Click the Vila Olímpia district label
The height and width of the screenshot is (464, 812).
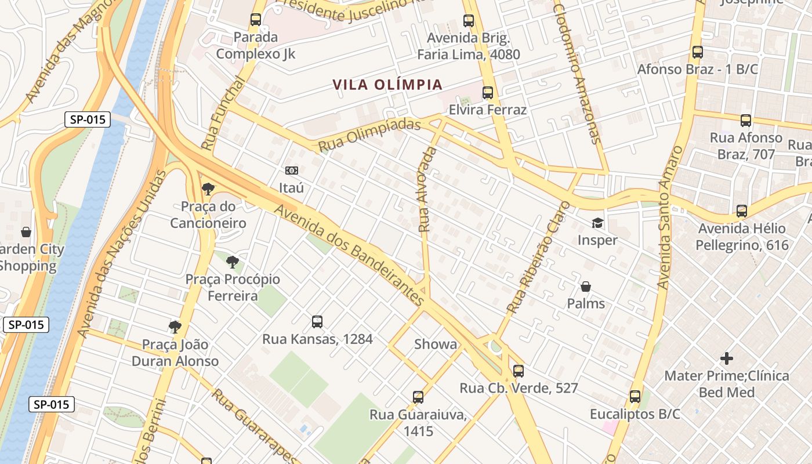pyautogui.click(x=387, y=85)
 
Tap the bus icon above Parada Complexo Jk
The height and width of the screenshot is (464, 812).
pyautogui.click(x=256, y=20)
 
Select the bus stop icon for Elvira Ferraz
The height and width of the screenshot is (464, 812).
pyautogui.click(x=488, y=93)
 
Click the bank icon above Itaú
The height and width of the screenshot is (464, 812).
pyautogui.click(x=291, y=171)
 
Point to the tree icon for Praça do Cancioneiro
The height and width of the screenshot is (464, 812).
pyautogui.click(x=208, y=188)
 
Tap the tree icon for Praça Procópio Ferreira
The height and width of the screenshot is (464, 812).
pyautogui.click(x=233, y=262)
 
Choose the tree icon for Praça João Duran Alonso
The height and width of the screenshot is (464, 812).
pyautogui.click(x=175, y=327)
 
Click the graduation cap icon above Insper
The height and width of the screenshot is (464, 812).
pyautogui.click(x=597, y=223)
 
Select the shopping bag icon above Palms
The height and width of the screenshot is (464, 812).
pyautogui.click(x=586, y=287)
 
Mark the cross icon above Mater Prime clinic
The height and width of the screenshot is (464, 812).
pyautogui.click(x=726, y=358)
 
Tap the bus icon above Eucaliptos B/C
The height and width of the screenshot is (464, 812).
pyautogui.click(x=635, y=397)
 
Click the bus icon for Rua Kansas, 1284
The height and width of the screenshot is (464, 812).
pyautogui.click(x=317, y=322)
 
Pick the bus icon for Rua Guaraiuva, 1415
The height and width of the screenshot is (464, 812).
pyautogui.click(x=418, y=397)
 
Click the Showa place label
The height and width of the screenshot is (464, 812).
pyautogui.click(x=436, y=345)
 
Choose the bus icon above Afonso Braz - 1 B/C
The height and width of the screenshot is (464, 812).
pyautogui.click(x=698, y=52)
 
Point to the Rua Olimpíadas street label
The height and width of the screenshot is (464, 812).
pyautogui.click(x=369, y=135)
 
